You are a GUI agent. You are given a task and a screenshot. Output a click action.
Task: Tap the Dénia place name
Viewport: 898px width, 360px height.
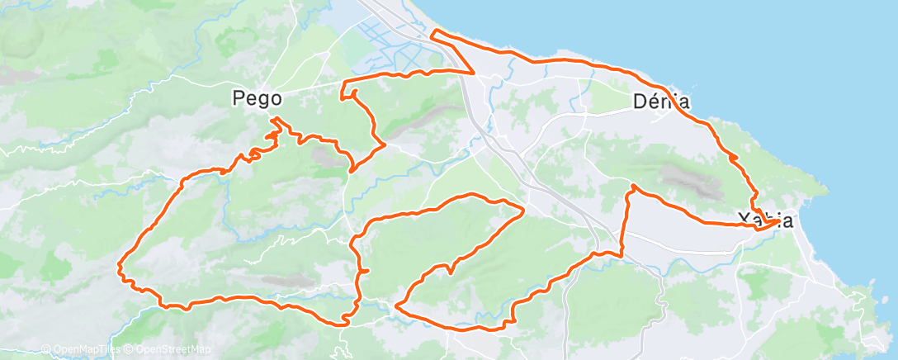point(660,102)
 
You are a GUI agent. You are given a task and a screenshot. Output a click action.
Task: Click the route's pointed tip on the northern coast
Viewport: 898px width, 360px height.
point(433,32)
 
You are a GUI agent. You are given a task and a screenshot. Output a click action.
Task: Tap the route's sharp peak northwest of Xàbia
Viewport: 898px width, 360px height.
point(633,187)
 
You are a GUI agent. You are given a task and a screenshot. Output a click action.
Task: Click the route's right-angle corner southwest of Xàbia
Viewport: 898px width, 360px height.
point(622,253)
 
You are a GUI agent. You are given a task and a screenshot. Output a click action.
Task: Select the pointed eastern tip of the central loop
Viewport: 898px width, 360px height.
point(524,209)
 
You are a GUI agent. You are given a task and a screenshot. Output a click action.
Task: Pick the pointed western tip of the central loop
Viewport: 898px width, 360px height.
point(397,305)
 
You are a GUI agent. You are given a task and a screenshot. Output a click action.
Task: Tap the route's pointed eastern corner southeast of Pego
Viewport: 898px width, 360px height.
point(385,146)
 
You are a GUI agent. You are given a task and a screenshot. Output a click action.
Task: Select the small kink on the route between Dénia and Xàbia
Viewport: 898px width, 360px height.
point(732,156)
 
